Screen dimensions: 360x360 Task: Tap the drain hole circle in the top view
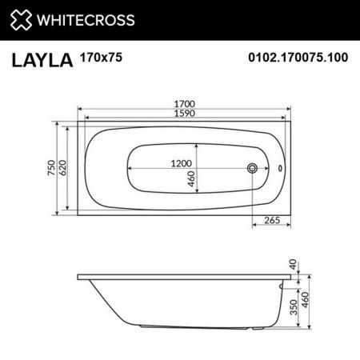[x=253, y=169]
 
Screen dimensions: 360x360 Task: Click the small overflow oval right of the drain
[x=279, y=169]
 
